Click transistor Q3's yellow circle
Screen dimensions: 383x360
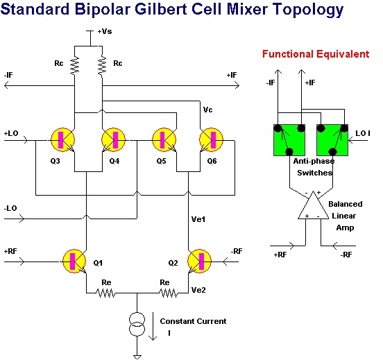pos(62,139)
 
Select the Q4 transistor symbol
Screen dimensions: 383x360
pos(114,139)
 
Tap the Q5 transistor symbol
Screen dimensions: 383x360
pos(164,139)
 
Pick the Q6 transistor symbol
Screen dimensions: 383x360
pos(212,139)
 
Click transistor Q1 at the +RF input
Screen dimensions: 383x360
pos(74,261)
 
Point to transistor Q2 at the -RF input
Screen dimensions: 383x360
pos(199,261)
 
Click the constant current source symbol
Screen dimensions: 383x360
pos(137,324)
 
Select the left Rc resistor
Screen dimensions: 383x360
pos(74,65)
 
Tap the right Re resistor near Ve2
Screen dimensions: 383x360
pos(169,293)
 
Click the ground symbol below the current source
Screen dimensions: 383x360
pos(137,357)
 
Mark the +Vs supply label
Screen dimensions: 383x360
pos(105,31)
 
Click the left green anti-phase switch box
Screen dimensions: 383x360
pos(289,140)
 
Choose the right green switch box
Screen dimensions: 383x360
pos(332,140)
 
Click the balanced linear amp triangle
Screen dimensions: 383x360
pos(314,205)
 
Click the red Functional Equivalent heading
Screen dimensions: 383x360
pos(316,54)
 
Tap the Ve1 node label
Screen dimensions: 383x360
pos(198,219)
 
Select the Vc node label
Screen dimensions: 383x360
pos(207,110)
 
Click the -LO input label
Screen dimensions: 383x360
pos(10,208)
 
